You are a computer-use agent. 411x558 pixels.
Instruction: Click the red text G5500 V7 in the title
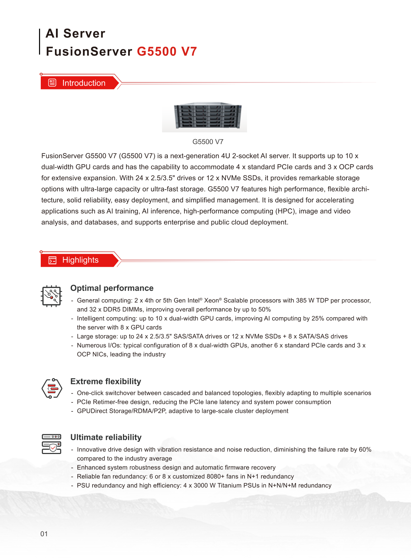tap(167, 51)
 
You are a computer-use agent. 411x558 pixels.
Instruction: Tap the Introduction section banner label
tap(84, 83)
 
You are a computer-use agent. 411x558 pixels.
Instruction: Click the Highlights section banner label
tap(80, 260)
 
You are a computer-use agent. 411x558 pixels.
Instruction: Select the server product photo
tap(204, 116)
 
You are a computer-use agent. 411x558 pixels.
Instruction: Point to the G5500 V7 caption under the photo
tap(208, 142)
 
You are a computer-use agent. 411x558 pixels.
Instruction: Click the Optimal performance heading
tap(112, 288)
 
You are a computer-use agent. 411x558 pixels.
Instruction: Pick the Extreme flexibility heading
tap(106, 381)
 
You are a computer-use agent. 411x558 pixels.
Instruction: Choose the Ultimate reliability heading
tap(106, 437)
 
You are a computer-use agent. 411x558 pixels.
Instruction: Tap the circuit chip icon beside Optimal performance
tap(51, 296)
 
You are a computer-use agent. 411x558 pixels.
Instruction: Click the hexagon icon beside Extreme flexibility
tap(52, 388)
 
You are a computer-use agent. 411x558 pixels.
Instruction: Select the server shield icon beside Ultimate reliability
tap(51, 444)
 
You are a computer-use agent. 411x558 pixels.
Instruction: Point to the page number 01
tap(44, 534)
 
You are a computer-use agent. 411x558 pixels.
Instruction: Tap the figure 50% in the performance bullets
tap(265, 310)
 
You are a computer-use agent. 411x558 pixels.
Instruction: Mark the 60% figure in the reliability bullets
tap(365, 450)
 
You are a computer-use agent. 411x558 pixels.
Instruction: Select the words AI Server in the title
tap(75, 34)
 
